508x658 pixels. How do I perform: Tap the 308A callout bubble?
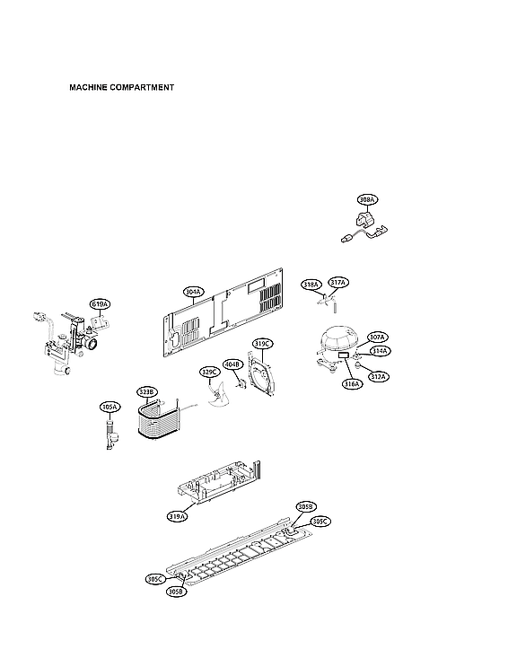[x=367, y=199]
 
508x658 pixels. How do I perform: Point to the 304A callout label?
[x=193, y=292]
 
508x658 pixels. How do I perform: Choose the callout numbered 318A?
[x=311, y=285]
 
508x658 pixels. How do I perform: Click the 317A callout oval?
[x=337, y=283]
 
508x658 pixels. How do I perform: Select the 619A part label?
[x=100, y=304]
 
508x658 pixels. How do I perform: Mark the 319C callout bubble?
[x=262, y=344]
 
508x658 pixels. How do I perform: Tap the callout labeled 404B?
[x=232, y=364]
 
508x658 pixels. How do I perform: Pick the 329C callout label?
[x=209, y=372]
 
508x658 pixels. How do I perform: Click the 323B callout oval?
[x=146, y=391]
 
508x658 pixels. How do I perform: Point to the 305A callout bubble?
[x=109, y=407]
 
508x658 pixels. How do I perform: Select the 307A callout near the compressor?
[x=377, y=338]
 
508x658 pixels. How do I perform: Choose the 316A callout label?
[x=350, y=383]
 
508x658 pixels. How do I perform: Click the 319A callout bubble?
[x=177, y=516]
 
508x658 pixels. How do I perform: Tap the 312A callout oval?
[x=379, y=376]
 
